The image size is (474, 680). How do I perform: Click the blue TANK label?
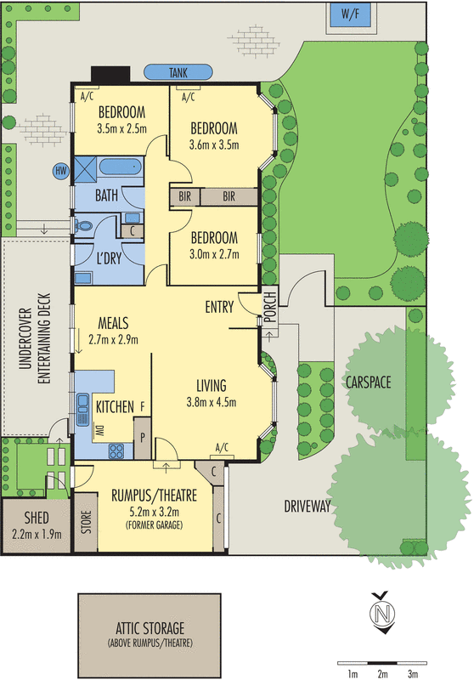point(178,73)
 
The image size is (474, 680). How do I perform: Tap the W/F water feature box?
point(349,14)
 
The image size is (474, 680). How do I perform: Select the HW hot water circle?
point(60,171)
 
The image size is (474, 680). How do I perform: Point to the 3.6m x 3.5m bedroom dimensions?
point(213,144)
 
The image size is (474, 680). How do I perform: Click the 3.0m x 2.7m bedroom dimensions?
point(213,252)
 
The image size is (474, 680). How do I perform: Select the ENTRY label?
point(219,308)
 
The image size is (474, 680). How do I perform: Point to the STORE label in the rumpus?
point(84,519)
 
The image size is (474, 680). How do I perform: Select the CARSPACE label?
point(368,382)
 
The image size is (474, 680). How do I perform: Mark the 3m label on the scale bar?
point(413,651)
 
